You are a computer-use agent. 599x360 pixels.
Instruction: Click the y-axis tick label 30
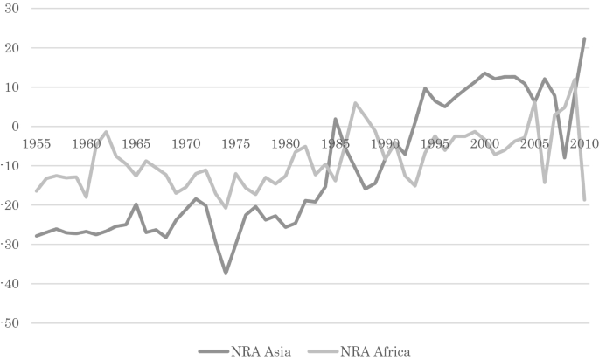(11, 8)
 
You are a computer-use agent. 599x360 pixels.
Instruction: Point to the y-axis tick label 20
(11, 47)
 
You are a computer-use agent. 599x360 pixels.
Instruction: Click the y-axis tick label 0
(15, 127)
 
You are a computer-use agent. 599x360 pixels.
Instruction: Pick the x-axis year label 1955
(36, 143)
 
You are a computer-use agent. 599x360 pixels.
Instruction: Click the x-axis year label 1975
(235, 143)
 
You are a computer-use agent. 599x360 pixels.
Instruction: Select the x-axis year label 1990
(385, 143)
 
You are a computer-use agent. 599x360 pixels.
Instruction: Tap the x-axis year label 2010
(583, 143)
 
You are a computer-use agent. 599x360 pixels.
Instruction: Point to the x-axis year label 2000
(484, 143)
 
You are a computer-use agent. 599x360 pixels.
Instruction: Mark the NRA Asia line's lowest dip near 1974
(226, 273)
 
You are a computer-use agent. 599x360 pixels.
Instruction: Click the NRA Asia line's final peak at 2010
(584, 38)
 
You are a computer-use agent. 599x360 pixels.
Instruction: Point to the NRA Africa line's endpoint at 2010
(584, 200)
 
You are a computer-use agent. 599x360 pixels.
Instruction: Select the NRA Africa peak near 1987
(355, 103)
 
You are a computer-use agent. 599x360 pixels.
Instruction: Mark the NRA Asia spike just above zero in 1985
(335, 119)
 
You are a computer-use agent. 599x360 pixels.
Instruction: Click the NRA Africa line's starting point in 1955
(36, 191)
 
